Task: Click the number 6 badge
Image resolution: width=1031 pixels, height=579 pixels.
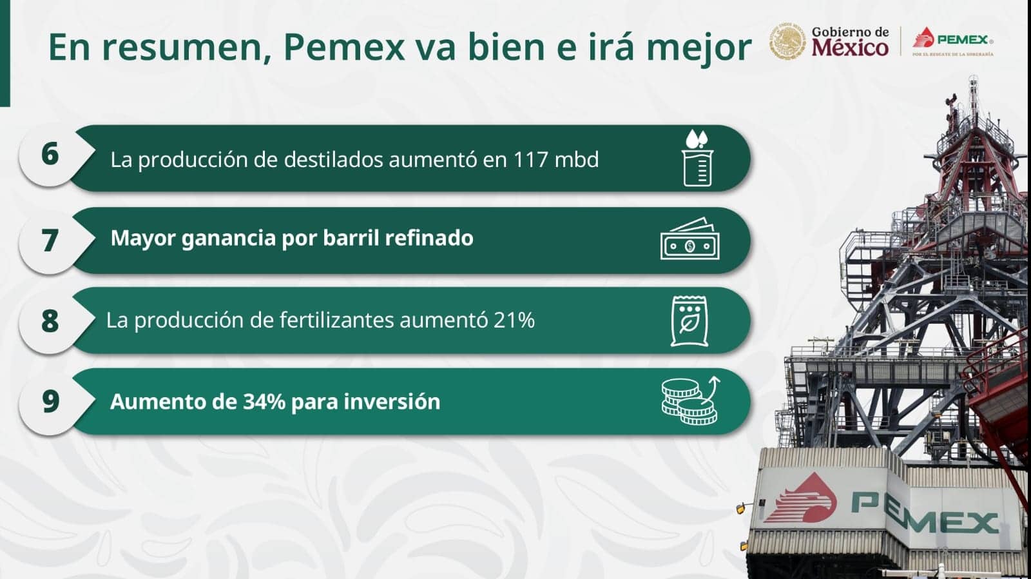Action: coord(50,155)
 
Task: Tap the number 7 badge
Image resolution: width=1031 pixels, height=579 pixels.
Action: coord(50,240)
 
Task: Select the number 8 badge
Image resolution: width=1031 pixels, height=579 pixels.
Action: coord(50,320)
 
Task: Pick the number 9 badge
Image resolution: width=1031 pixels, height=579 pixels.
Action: coord(50,402)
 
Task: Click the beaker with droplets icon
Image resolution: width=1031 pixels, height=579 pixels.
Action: coord(697,158)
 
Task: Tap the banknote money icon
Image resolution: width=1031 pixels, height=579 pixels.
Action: coord(690,239)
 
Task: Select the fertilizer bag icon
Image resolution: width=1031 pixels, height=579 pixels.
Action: coord(689,321)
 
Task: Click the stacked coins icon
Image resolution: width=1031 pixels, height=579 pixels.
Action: coord(690,401)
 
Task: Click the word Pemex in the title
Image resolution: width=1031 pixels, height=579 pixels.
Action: coord(344,47)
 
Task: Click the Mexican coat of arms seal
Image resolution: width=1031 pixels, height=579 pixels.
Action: coord(787,41)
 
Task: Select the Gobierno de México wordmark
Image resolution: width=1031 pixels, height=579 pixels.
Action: coord(850,41)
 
